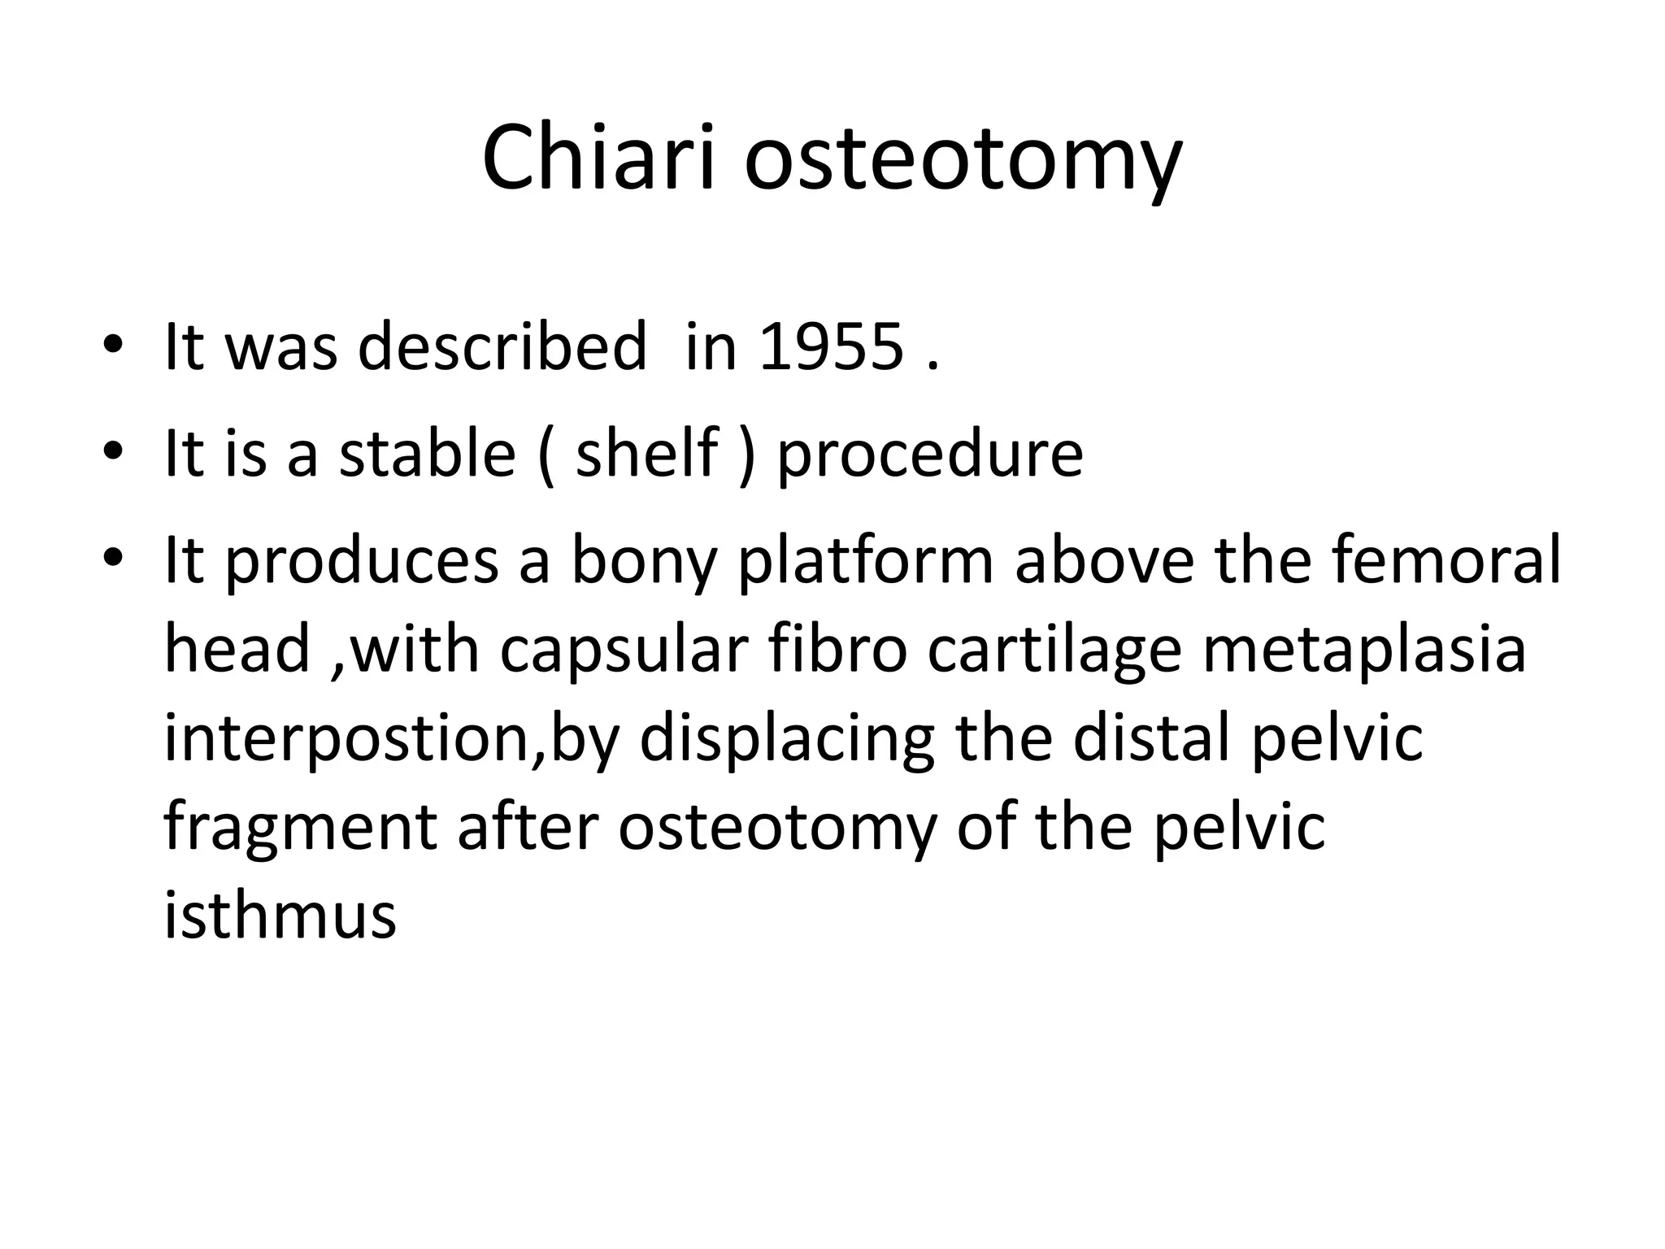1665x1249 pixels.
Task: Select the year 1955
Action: tap(831, 347)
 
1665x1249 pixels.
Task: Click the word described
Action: tap(502, 347)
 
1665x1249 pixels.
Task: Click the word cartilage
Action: tap(1054, 651)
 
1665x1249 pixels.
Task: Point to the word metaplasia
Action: tap(1363, 651)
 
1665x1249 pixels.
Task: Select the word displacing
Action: tap(786, 738)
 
